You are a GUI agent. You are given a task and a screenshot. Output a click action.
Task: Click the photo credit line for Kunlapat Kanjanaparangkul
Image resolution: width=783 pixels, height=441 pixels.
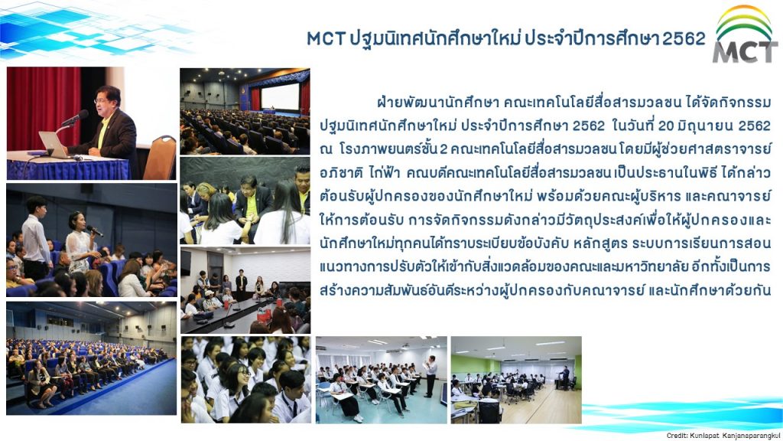coord(723,436)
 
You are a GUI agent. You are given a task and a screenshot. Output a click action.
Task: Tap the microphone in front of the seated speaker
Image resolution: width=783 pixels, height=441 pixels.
coord(74,119)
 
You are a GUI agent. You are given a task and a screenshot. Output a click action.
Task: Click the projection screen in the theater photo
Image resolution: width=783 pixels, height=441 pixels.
coord(280,96)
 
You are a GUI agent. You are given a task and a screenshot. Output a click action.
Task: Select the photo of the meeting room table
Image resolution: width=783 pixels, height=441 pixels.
coord(245,290)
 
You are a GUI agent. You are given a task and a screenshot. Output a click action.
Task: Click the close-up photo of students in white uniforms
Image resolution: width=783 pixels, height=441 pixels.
coord(245,380)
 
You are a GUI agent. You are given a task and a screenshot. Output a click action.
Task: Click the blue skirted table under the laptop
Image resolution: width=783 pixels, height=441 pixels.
coord(67,167)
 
